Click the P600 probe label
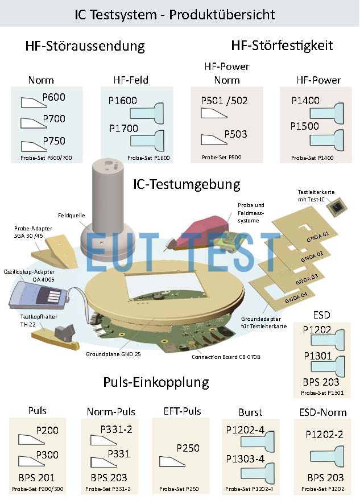53,97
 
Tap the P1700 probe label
123,129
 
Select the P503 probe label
235,134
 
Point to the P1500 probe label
304,126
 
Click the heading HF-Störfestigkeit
282,46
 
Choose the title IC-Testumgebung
187,184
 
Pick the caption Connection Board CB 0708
226,357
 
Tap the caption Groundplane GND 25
113,354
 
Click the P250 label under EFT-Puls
188,448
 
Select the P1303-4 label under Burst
245,459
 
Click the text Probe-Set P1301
322,393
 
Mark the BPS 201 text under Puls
36,478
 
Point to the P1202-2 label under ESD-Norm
324,435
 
